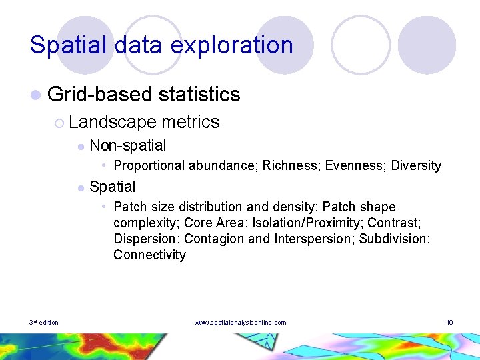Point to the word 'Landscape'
pyautogui.click(x=112, y=122)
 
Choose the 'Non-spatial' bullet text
pyautogui.click(x=127, y=145)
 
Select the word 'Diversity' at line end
pyautogui.click(x=416, y=165)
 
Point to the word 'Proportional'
pyautogui.click(x=149, y=165)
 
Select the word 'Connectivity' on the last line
pyautogui.click(x=149, y=255)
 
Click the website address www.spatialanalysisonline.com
pyautogui.click(x=240, y=323)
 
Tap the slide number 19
pyautogui.click(x=450, y=323)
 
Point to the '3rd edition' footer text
pyautogui.click(x=43, y=323)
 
